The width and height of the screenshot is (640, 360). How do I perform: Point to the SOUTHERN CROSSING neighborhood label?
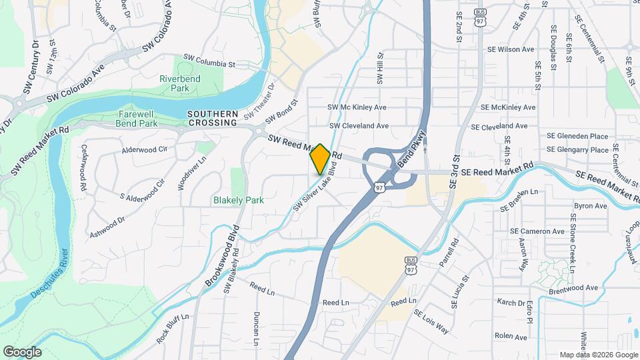213,118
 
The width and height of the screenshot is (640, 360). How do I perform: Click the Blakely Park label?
239,200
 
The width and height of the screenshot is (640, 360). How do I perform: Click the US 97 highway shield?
379,188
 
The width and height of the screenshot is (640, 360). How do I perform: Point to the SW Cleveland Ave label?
359,125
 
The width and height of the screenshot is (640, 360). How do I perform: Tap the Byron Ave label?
591,207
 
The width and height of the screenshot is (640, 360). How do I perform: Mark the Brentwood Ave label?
573,287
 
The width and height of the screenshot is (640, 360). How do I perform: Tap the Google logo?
22,352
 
